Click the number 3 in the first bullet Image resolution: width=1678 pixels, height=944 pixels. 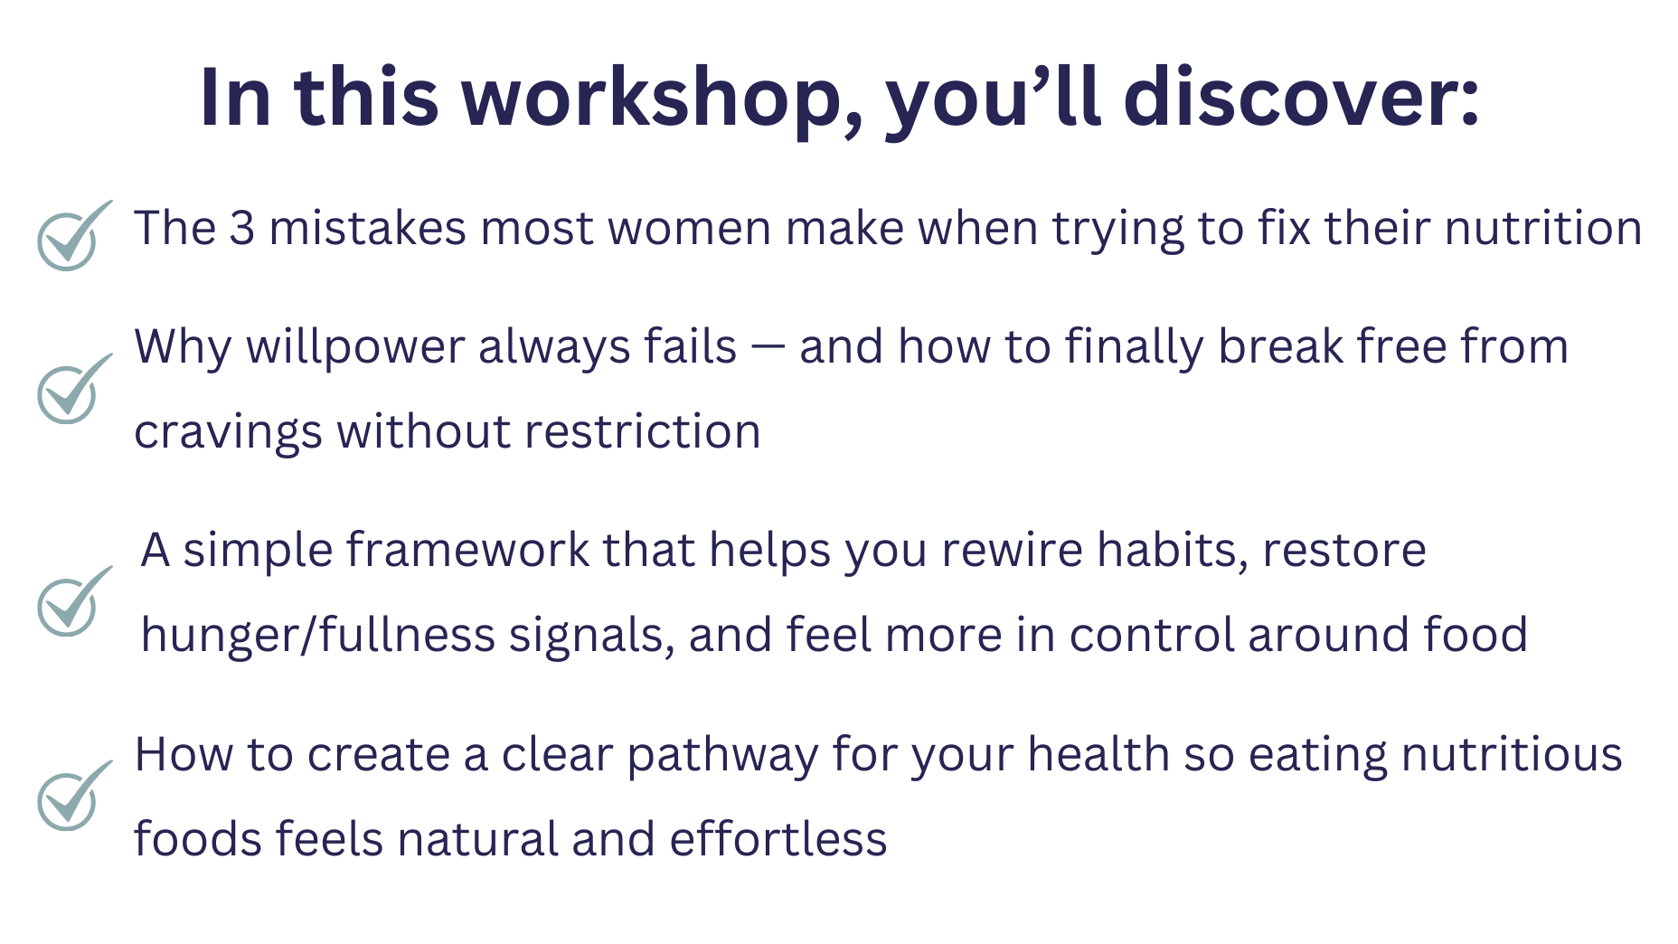[242, 228]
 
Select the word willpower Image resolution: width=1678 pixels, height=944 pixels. [355, 348]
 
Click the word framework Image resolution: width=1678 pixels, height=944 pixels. [467, 550]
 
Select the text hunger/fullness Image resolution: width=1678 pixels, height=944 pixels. [318, 635]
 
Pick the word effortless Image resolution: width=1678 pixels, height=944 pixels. [778, 839]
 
